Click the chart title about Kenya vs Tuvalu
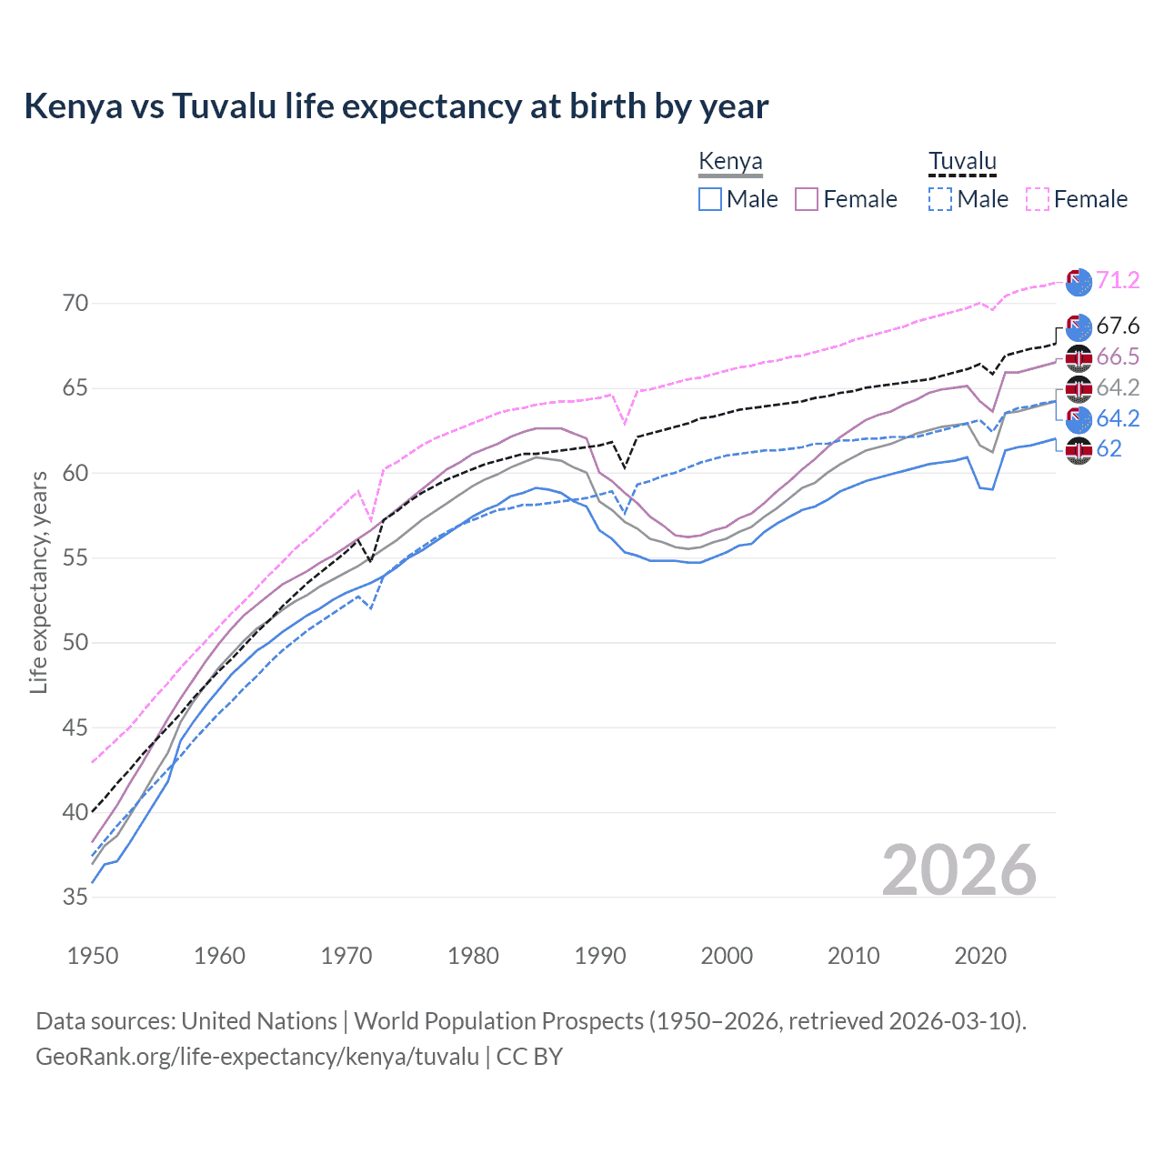tap(396, 106)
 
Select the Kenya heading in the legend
tap(730, 162)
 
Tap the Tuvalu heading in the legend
tap(962, 162)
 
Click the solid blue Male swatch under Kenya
tap(710, 199)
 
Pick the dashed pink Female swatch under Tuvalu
tap(1038, 199)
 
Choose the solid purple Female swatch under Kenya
tap(807, 199)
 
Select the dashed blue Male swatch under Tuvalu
tap(940, 199)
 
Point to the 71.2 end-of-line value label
tap(1118, 280)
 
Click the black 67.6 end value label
tap(1118, 326)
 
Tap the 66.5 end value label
tap(1118, 357)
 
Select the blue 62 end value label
tap(1109, 449)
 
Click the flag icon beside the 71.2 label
tap(1079, 283)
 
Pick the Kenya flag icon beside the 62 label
tap(1079, 450)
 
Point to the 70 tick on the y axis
tap(75, 304)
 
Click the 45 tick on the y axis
tap(75, 727)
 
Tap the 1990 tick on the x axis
tap(600, 956)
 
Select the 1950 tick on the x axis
tap(93, 956)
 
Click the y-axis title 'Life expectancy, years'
tap(38, 582)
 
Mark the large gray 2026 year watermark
tap(958, 870)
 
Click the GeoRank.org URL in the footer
tap(257, 1057)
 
